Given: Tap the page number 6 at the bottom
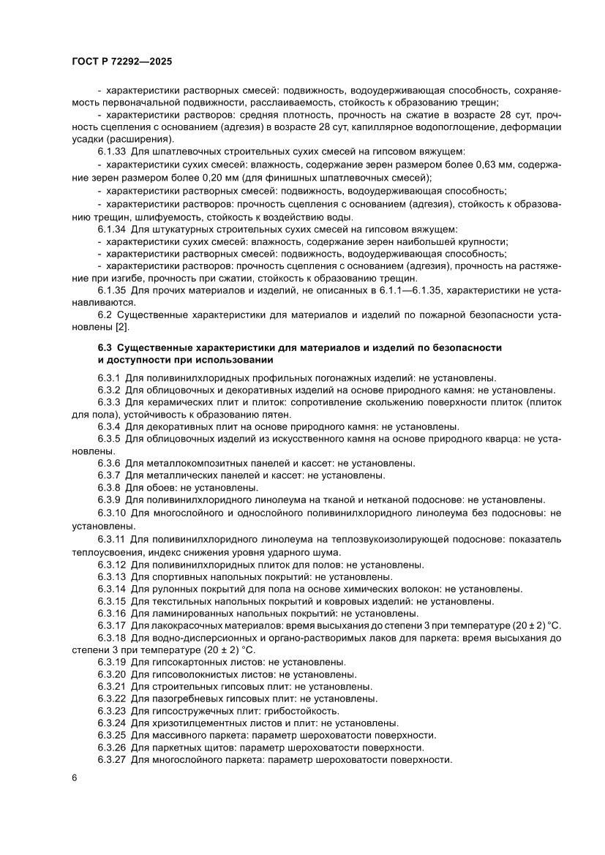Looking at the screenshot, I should click(x=75, y=777).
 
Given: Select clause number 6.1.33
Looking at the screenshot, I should click(x=112, y=152).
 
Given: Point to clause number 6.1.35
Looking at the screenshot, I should click(x=112, y=290).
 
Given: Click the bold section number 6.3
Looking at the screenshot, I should click(x=105, y=347).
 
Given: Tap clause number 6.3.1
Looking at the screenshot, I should click(x=109, y=378).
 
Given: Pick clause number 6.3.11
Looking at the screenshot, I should click(x=112, y=538).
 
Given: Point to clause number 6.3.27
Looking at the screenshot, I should click(x=112, y=760).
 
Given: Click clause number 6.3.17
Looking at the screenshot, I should click(x=112, y=625).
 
